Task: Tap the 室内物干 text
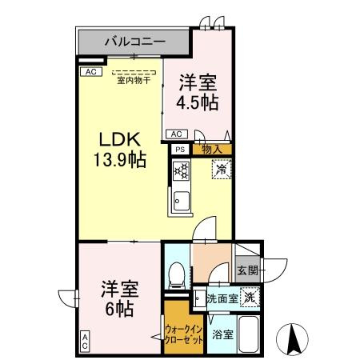(134, 78)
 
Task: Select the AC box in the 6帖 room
(84, 342)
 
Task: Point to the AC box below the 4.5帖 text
(177, 134)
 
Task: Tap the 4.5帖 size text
(198, 102)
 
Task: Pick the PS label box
(179, 149)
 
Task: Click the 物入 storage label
(211, 149)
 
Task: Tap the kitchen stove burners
(180, 170)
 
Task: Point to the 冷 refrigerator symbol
(219, 170)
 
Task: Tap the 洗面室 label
(220, 299)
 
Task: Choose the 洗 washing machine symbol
(250, 297)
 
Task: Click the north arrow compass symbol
(292, 339)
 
